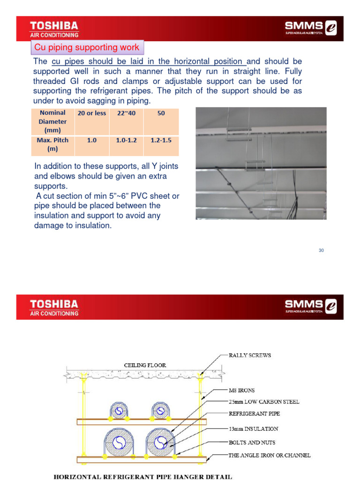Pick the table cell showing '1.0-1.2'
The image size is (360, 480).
click(126, 140)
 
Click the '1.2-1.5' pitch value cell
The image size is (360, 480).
click(161, 140)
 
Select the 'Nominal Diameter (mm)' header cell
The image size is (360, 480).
click(52, 121)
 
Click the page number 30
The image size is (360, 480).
click(321, 250)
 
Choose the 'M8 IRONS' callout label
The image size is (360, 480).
click(241, 390)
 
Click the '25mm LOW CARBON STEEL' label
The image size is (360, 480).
click(263, 402)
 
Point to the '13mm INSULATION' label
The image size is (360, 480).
click(253, 428)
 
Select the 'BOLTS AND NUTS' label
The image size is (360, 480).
click(252, 442)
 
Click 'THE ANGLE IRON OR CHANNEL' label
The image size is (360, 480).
click(269, 455)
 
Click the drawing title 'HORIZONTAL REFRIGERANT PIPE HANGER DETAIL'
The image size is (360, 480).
click(143, 477)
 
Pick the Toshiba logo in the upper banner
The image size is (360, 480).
click(54, 28)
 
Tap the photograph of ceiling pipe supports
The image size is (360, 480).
click(261, 163)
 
